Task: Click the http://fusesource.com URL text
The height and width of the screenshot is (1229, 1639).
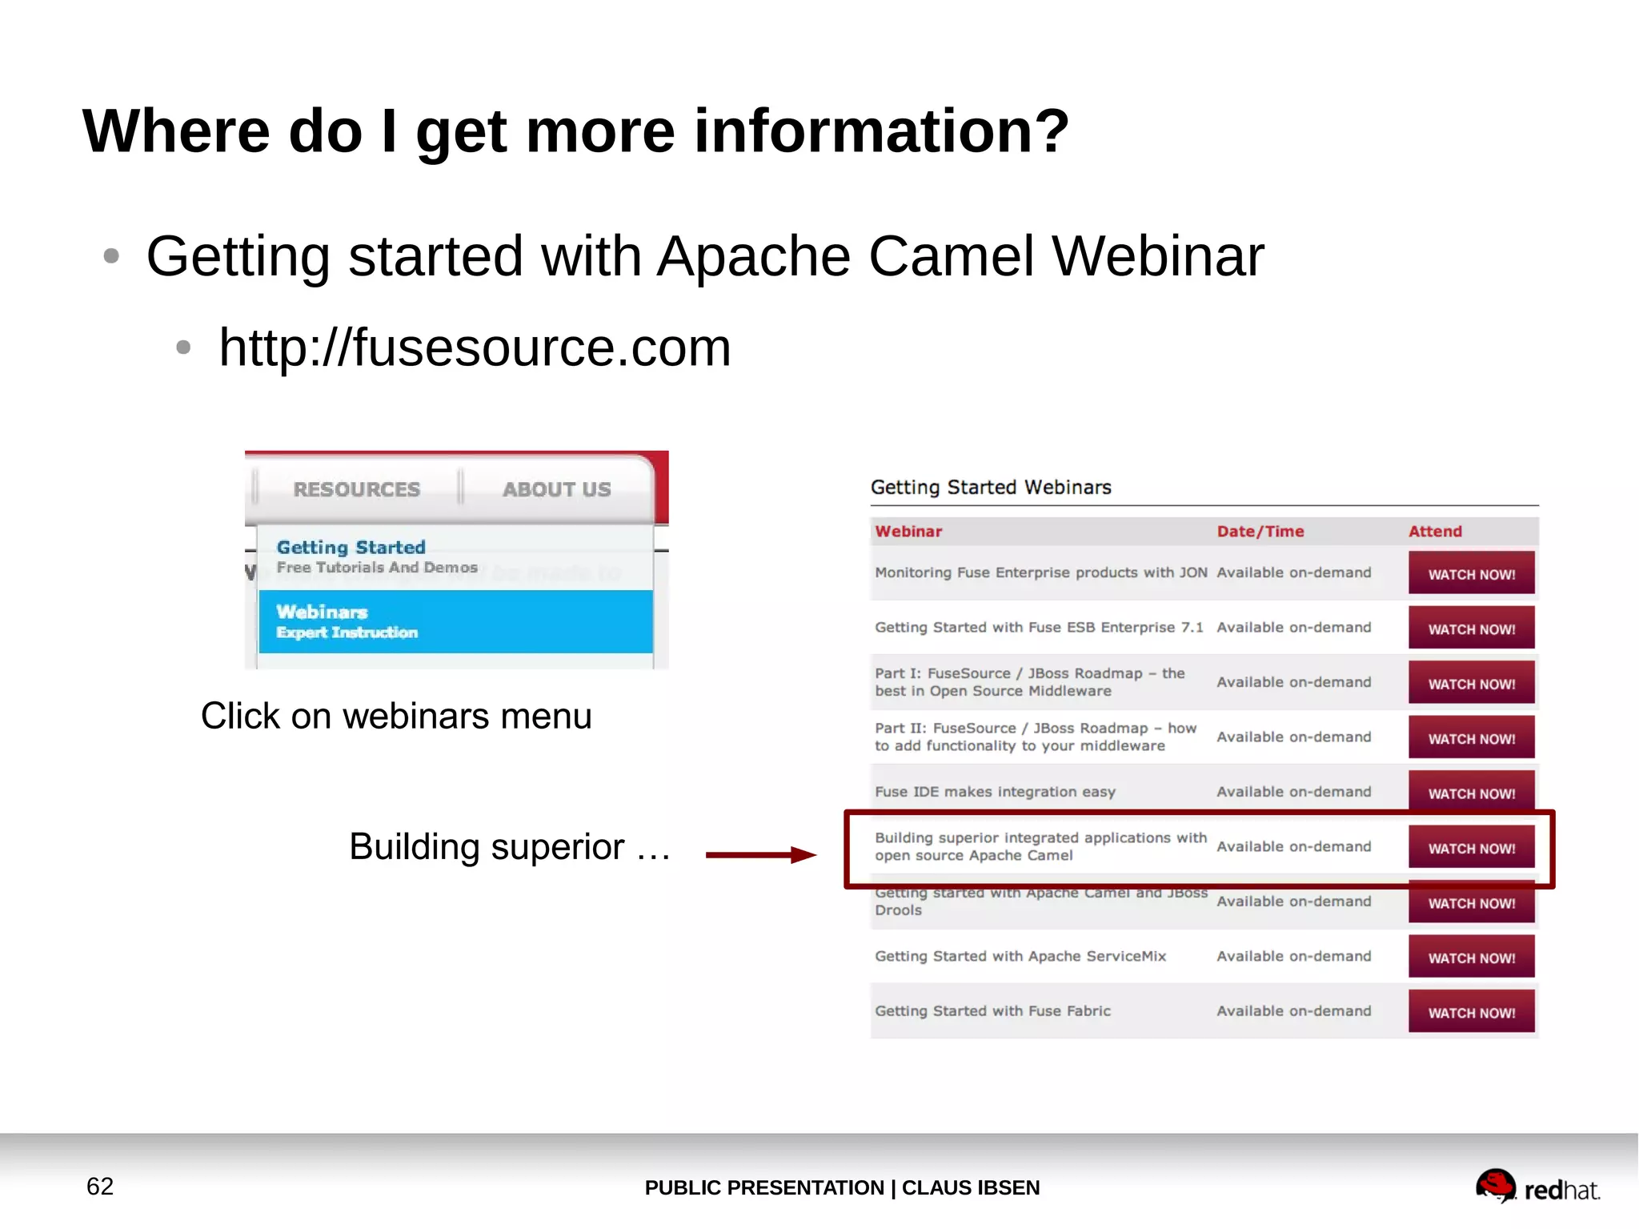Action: pos(475,348)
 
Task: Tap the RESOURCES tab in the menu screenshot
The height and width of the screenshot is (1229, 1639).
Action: pos(356,489)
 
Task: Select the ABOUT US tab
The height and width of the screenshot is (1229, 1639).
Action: pos(556,489)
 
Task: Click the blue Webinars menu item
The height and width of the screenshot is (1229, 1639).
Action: pos(455,622)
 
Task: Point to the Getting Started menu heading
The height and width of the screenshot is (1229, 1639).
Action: pos(351,548)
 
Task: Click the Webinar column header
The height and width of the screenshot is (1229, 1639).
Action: pos(908,532)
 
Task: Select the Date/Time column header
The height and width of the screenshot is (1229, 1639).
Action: pos(1260,532)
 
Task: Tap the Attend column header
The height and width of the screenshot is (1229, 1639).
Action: pos(1434,532)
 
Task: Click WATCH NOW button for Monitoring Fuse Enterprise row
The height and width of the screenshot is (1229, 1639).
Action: pos(1471,574)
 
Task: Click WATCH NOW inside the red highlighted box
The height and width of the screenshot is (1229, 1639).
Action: pos(1471,848)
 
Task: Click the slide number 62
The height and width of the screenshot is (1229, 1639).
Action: pos(100,1186)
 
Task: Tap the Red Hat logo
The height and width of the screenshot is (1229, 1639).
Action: pos(1537,1187)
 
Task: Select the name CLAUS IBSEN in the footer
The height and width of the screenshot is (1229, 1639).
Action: pos(970,1187)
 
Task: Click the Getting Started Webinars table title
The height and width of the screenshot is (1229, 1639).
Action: pos(990,488)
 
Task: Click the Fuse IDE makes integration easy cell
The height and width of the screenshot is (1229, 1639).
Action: pos(995,792)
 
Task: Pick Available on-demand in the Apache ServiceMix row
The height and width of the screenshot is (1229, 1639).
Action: pos(1293,956)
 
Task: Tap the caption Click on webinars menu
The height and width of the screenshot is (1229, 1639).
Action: pos(396,716)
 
